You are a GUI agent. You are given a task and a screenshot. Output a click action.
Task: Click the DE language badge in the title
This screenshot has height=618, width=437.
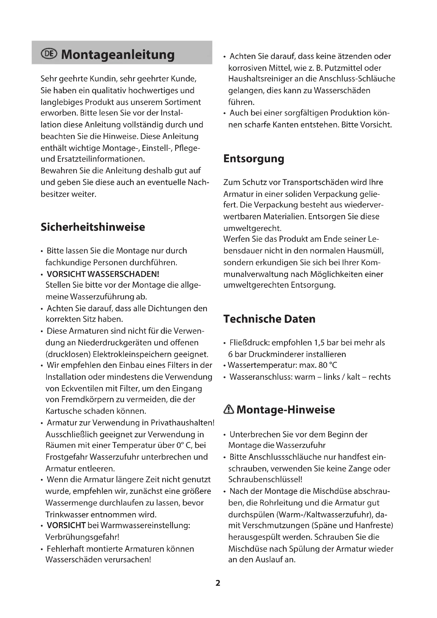(x=49, y=54)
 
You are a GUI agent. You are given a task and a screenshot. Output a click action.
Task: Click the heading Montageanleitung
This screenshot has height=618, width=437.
(x=118, y=54)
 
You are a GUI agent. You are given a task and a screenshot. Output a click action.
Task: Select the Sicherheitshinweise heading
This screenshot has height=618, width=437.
(x=93, y=227)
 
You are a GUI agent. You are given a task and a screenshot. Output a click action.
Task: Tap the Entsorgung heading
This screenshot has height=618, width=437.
(x=254, y=159)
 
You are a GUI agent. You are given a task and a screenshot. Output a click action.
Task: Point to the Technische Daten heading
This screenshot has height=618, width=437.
(x=269, y=319)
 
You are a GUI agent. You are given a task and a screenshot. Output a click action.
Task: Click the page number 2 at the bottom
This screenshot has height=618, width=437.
(x=218, y=583)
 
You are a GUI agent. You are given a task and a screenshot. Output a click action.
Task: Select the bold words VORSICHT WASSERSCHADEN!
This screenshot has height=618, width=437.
(x=103, y=274)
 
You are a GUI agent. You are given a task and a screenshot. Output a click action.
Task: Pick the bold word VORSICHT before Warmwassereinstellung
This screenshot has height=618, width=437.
(x=66, y=525)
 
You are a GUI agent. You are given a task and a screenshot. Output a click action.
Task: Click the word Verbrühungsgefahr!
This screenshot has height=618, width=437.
(x=82, y=537)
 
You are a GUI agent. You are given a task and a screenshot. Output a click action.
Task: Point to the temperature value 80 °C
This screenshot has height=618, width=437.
(x=327, y=365)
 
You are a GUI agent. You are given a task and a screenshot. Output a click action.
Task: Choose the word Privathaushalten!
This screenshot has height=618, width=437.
(x=183, y=422)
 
